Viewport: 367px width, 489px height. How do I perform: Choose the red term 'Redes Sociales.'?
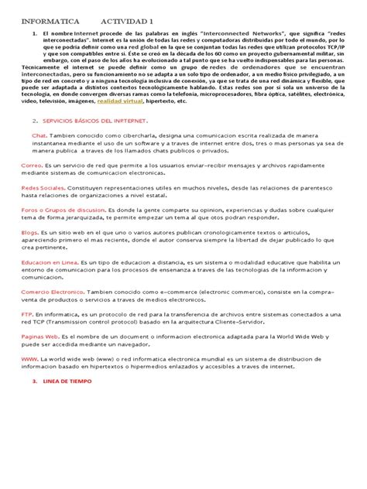click(43, 187)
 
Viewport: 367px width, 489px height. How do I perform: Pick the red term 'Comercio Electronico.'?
click(52, 291)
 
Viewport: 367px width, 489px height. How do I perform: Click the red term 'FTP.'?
click(27, 316)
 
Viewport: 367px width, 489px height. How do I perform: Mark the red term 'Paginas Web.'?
click(40, 337)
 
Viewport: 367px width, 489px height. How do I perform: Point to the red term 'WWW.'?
click(29, 359)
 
